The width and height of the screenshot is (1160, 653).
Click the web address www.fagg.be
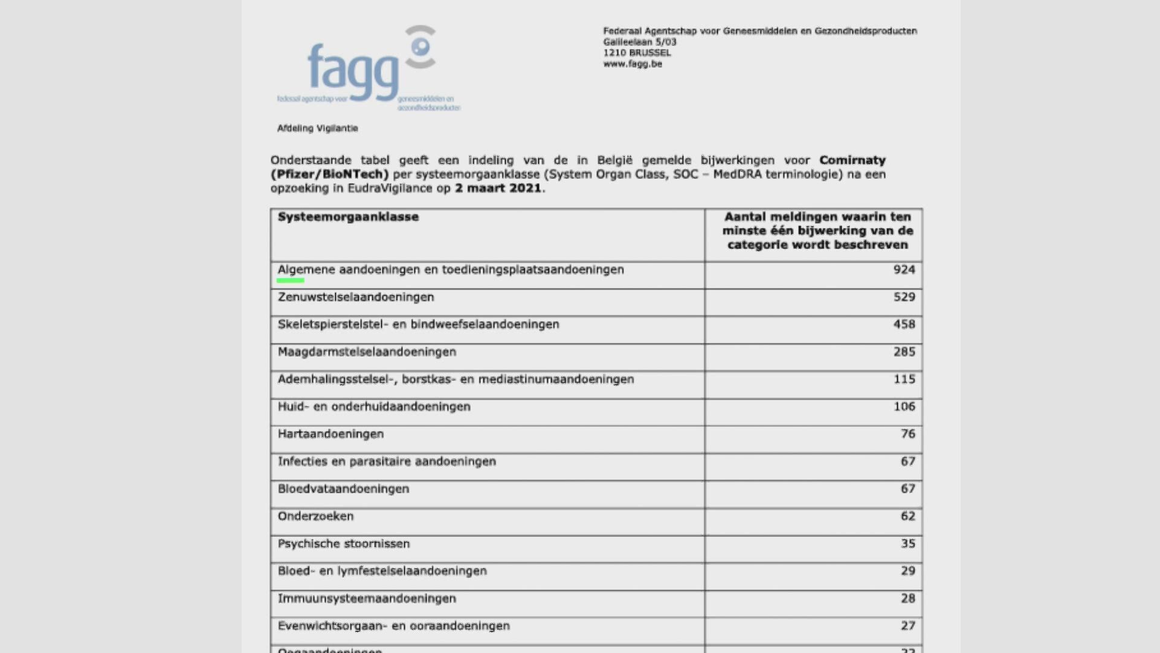pyautogui.click(x=633, y=64)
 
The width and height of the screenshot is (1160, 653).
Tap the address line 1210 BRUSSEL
pyautogui.click(x=637, y=53)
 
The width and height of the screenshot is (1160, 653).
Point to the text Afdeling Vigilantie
pyautogui.click(x=317, y=128)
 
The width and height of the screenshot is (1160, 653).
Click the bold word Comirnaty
pyautogui.click(x=852, y=160)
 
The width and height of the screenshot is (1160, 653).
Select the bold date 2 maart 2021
pyautogui.click(x=498, y=188)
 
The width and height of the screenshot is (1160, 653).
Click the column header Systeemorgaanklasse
pyautogui.click(x=348, y=217)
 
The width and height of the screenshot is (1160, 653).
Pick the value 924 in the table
pyautogui.click(x=904, y=270)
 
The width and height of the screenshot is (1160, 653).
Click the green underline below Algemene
pyautogui.click(x=290, y=281)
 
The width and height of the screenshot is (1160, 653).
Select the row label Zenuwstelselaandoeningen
pyautogui.click(x=356, y=297)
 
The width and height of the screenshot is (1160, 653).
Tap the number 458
pyautogui.click(x=904, y=325)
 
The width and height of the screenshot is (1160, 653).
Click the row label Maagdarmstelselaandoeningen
pyautogui.click(x=367, y=352)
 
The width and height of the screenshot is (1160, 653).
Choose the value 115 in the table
pyautogui.click(x=904, y=379)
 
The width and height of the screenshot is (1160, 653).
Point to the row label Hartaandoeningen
pyautogui.click(x=330, y=434)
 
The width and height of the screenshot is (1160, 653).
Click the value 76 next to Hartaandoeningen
pyautogui.click(x=907, y=434)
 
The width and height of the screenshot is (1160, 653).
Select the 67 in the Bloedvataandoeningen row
pyautogui.click(x=907, y=489)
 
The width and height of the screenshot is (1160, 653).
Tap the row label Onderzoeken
pyautogui.click(x=315, y=516)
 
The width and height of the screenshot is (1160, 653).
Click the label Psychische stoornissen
pyautogui.click(x=344, y=544)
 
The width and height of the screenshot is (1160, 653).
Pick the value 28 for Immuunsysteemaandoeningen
pyautogui.click(x=907, y=599)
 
